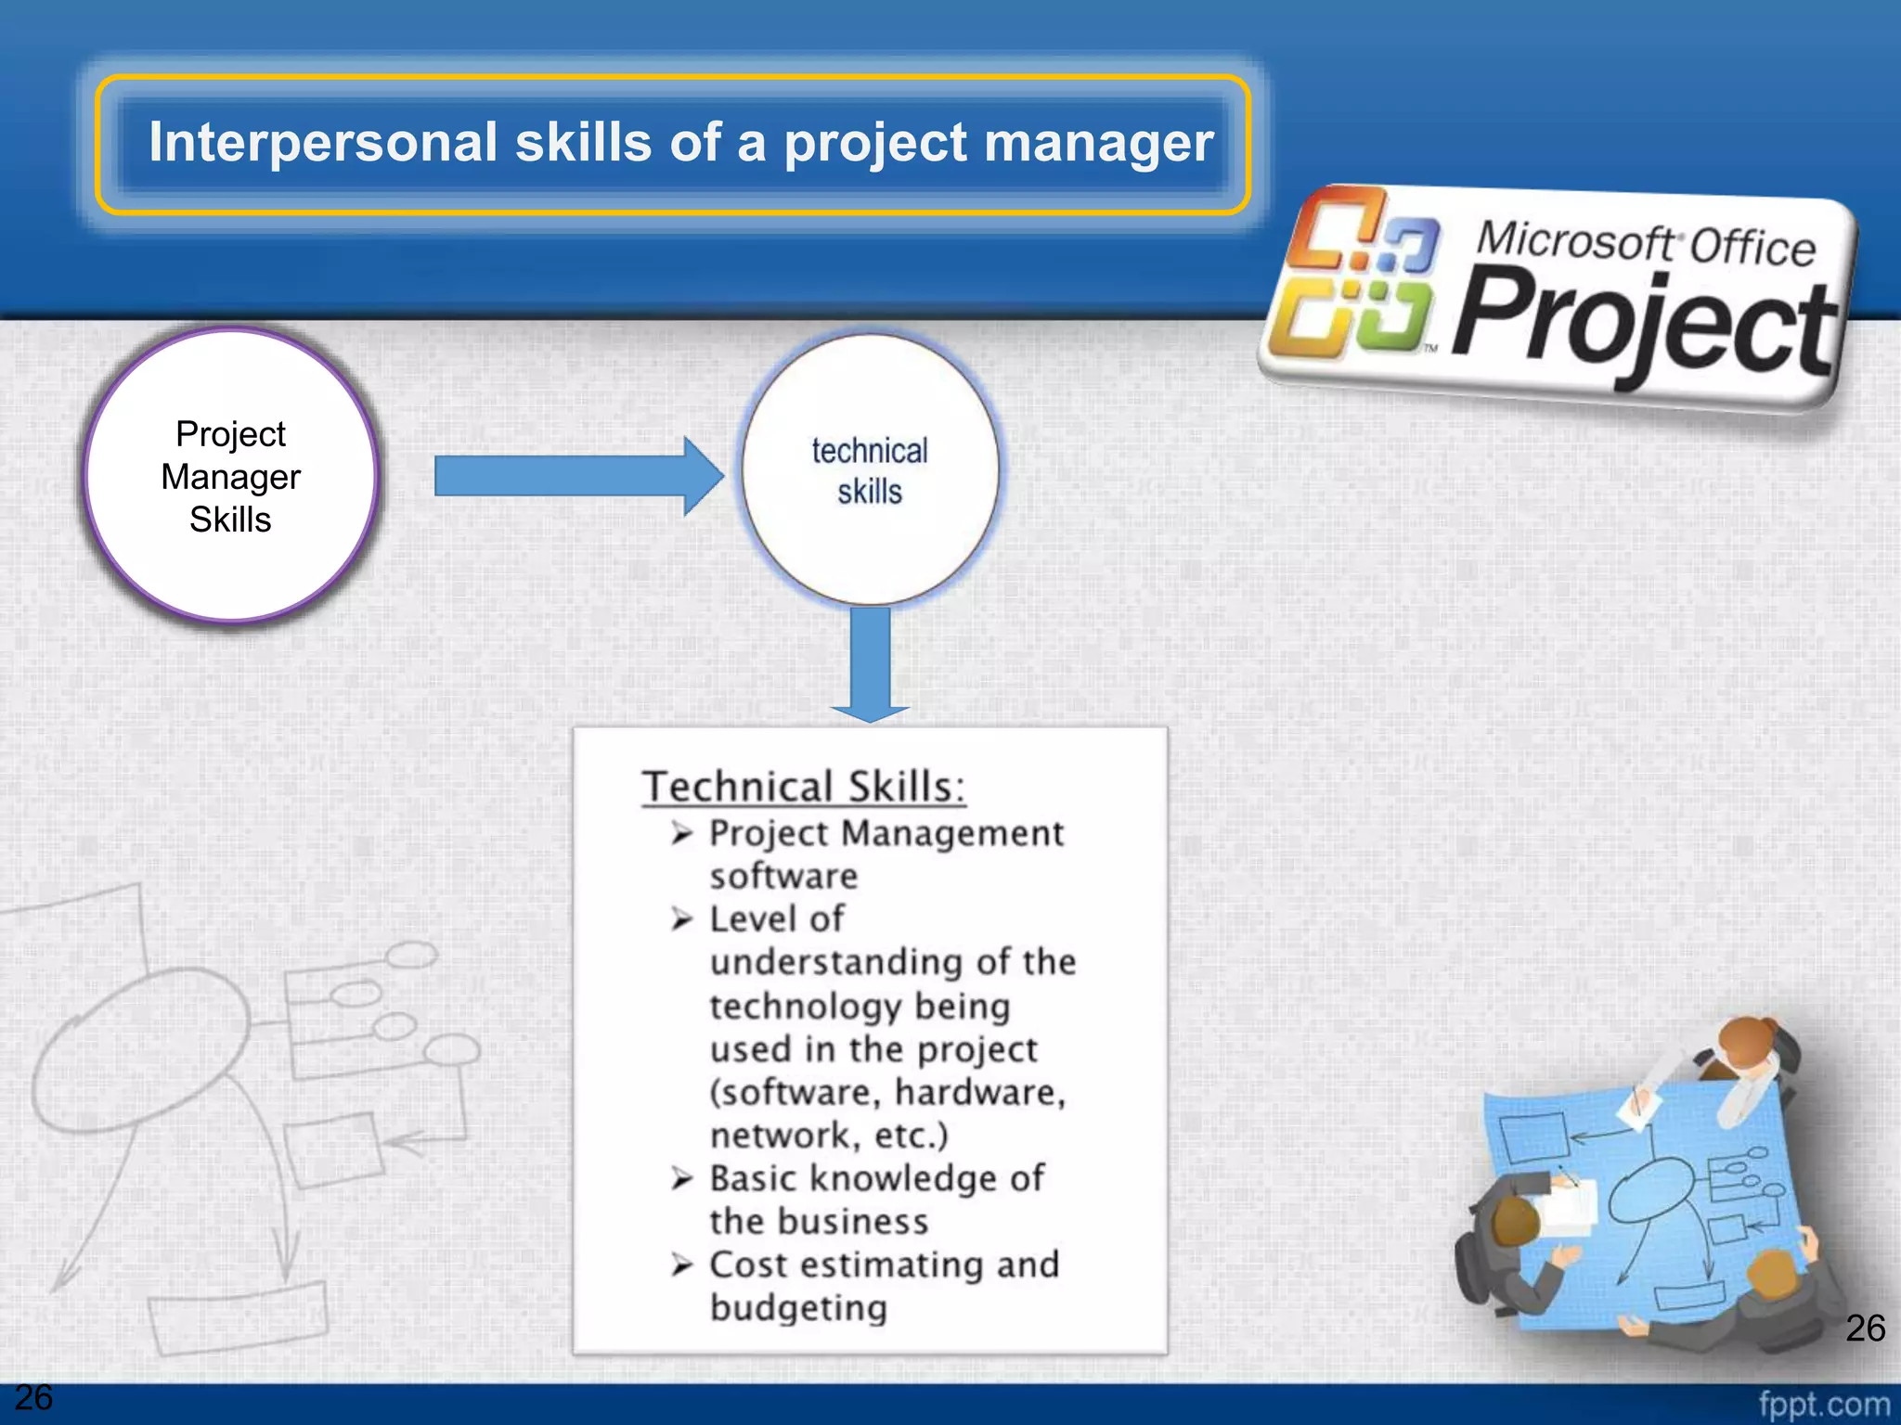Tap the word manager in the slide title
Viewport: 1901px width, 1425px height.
coord(1098,145)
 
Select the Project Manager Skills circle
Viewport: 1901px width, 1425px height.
coord(230,476)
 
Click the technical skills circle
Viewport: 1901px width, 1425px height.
coord(869,470)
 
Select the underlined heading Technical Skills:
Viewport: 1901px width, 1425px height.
coord(803,787)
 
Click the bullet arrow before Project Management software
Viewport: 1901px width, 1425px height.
coord(682,833)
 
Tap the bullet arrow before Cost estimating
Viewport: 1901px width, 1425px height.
coord(682,1265)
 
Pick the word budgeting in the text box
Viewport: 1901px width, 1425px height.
coord(798,1308)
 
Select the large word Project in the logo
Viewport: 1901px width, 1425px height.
coord(1643,325)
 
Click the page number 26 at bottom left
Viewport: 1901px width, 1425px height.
coord(33,1397)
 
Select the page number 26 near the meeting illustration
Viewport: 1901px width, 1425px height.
coord(1865,1328)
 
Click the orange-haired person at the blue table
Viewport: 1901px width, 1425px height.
coord(1750,1048)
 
